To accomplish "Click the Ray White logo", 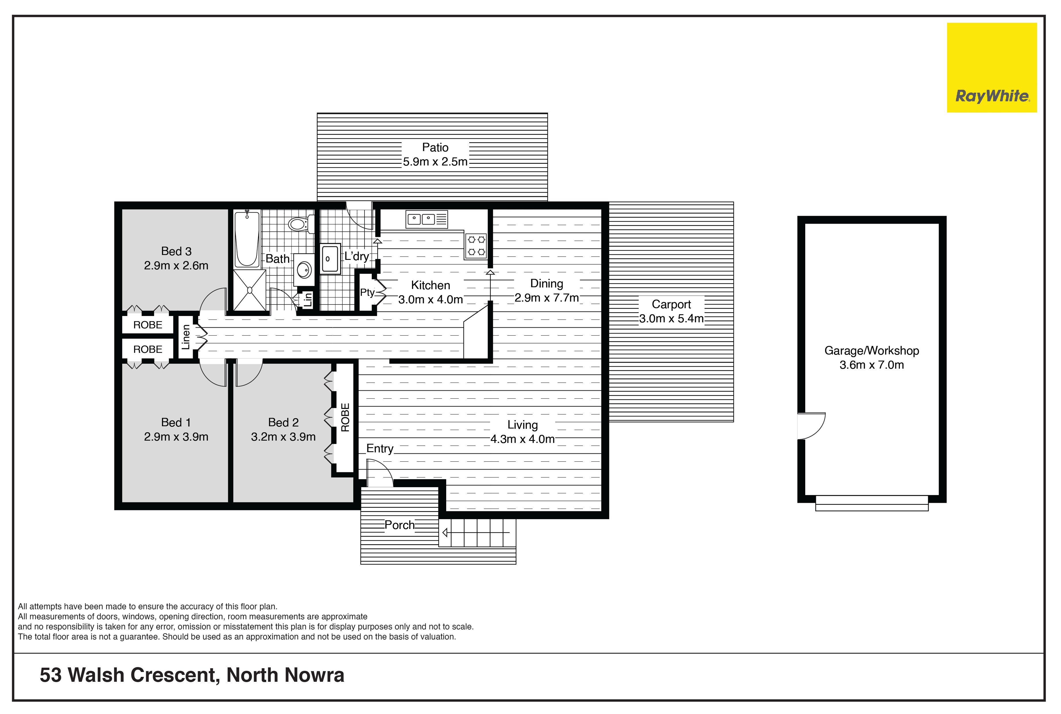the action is [x=992, y=67].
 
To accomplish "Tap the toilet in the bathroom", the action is [x=300, y=224].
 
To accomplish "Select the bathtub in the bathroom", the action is [x=247, y=239].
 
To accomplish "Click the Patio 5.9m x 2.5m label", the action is [x=435, y=154].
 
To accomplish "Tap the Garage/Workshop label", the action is [x=872, y=351].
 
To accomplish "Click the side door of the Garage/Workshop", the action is [x=811, y=426].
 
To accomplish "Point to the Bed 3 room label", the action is [x=176, y=251].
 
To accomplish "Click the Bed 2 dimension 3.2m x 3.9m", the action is [x=283, y=437].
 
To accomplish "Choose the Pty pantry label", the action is [x=367, y=292].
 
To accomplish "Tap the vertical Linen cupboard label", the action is [x=186, y=337].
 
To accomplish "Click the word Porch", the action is [x=400, y=525].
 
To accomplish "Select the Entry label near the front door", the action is [x=380, y=449].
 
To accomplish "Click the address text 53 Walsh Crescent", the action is [x=130, y=675].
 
